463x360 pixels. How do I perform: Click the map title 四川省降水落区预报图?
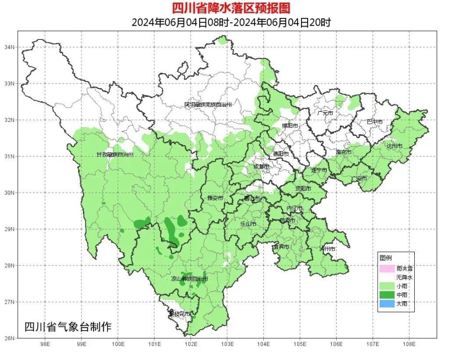point(232,8)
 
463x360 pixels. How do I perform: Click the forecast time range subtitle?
point(231,23)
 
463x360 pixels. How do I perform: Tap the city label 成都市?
point(262,167)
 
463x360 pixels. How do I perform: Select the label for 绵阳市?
point(290,126)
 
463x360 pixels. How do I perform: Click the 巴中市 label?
point(374,122)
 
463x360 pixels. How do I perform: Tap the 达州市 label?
point(394,145)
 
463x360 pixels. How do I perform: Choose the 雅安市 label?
point(215,198)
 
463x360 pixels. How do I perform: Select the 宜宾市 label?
point(281,246)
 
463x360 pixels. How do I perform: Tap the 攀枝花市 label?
point(179,314)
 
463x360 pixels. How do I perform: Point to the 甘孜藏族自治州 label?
point(115,155)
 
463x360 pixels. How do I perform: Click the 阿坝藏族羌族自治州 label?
point(208,105)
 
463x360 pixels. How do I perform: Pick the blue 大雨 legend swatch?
point(386,304)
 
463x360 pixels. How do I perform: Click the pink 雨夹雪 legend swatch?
point(386,268)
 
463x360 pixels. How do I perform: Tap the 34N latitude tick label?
point(9,47)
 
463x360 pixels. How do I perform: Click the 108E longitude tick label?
point(409,344)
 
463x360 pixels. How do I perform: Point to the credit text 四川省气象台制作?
point(68,327)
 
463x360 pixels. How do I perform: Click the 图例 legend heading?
point(385,258)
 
